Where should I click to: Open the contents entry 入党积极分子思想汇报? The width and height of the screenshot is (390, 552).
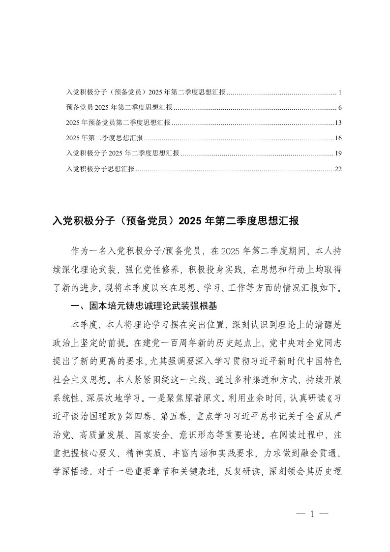click(100, 169)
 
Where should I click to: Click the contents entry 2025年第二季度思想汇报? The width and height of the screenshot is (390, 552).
click(104, 138)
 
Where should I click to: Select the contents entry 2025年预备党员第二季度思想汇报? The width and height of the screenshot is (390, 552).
click(118, 123)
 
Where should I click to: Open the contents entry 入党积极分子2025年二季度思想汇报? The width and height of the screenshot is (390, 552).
click(122, 153)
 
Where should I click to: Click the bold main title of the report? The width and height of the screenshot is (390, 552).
click(176, 221)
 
